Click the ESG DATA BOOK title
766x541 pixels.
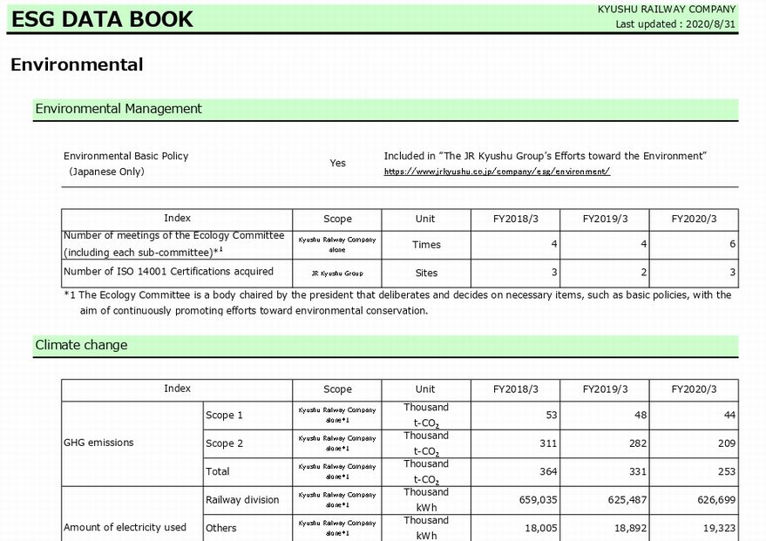(x=101, y=19)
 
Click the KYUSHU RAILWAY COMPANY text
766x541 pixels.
(x=667, y=10)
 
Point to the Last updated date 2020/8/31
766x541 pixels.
(x=676, y=24)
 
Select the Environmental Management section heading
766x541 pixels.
(x=119, y=109)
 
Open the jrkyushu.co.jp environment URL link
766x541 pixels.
(x=497, y=172)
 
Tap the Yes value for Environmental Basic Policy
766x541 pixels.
(x=337, y=163)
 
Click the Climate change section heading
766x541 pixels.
(x=81, y=345)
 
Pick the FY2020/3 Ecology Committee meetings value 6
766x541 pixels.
(x=732, y=245)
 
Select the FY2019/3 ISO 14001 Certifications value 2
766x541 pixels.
(x=643, y=273)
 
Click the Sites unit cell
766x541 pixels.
(x=426, y=273)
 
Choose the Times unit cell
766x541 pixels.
(x=426, y=245)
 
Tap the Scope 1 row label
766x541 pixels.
(x=224, y=416)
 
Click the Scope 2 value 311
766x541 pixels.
(x=546, y=443)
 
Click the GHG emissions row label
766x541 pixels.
(x=98, y=443)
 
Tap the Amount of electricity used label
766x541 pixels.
(x=125, y=527)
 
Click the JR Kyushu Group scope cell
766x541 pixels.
(x=337, y=273)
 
